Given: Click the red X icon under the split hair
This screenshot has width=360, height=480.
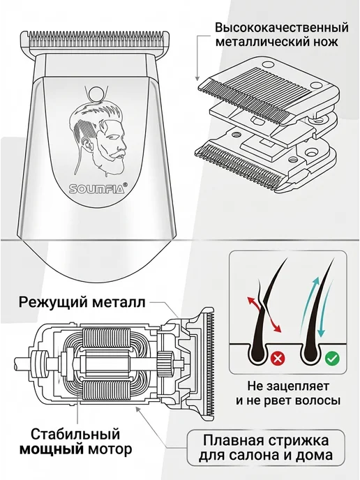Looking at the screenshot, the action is click(278, 357).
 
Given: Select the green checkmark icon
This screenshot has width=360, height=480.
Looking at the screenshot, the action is click(331, 357).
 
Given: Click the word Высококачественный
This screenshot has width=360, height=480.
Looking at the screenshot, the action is click(282, 27).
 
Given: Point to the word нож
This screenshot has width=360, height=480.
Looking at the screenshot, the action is click(327, 42).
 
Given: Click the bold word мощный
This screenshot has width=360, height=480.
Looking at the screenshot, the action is click(52, 449).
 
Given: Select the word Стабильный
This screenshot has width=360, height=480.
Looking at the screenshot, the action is click(75, 435).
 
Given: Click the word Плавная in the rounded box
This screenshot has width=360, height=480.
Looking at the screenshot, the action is click(234, 441).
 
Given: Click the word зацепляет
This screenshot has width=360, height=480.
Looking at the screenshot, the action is click(297, 387).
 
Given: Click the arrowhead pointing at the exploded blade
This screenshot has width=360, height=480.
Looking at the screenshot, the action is click(197, 79).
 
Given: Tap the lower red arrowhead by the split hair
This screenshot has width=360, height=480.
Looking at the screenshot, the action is click(278, 329).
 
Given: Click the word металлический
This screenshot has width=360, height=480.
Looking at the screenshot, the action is click(264, 42).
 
